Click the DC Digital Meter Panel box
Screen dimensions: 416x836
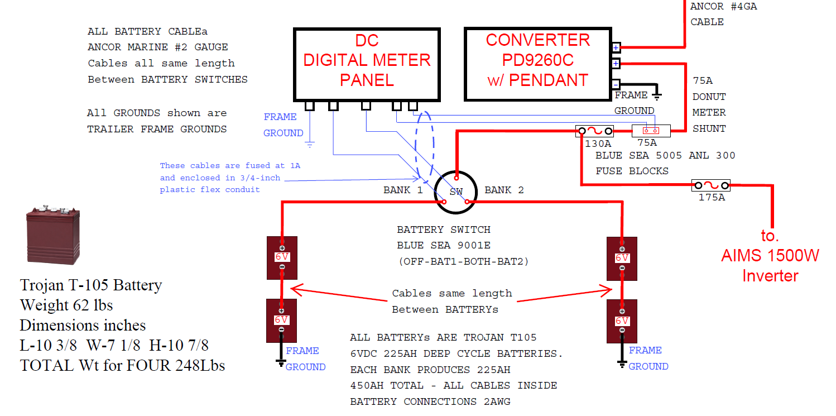tap(367, 64)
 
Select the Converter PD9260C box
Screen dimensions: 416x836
tap(537, 64)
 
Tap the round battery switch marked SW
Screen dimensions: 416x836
tap(456, 192)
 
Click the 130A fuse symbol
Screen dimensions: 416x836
tap(595, 131)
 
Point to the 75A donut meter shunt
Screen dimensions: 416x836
tap(651, 131)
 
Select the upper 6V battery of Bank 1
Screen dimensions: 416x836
tap(282, 257)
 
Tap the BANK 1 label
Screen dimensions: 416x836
tap(403, 190)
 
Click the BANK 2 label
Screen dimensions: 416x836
tap(504, 190)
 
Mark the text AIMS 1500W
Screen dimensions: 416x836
tap(770, 255)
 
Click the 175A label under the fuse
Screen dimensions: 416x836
tap(711, 197)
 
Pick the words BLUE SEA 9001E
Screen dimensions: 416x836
tap(443, 245)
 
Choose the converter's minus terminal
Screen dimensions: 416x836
tap(616, 85)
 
